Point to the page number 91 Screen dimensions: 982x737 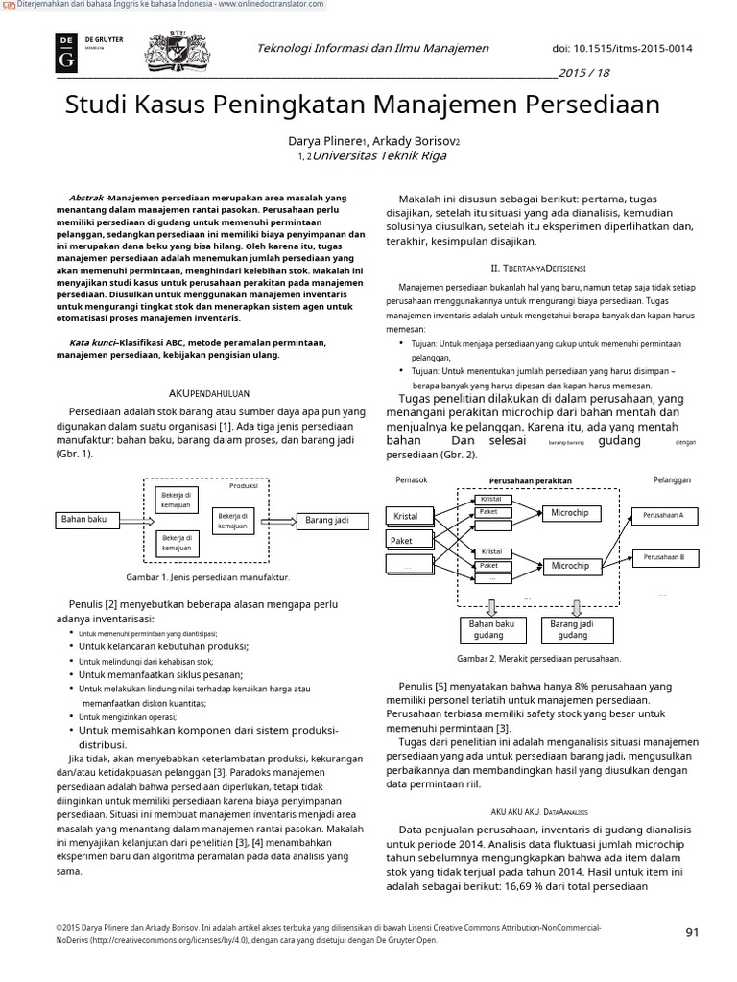tap(697, 932)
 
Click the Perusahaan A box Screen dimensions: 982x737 tap(663, 515)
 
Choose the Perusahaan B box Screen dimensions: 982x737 tap(663, 556)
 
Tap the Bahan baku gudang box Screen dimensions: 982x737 tap(492, 629)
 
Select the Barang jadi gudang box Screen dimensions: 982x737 tap(573, 629)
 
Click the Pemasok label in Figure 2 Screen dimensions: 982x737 tap(411, 479)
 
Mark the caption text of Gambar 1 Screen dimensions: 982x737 tap(207, 578)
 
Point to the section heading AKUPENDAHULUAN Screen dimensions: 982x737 tap(209, 393)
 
